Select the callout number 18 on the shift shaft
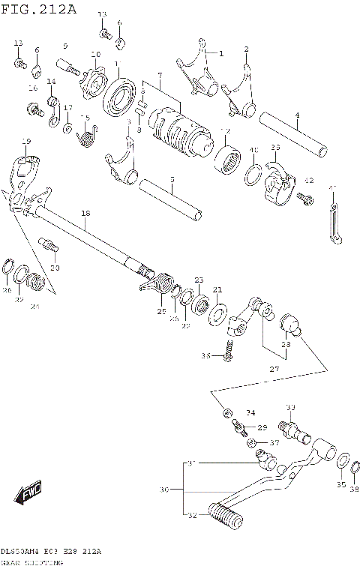[85, 214]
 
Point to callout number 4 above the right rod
[297, 115]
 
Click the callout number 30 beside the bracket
[164, 490]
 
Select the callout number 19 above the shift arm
[26, 141]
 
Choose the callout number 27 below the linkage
[274, 369]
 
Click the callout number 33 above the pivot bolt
[291, 407]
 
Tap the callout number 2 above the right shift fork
[246, 49]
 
